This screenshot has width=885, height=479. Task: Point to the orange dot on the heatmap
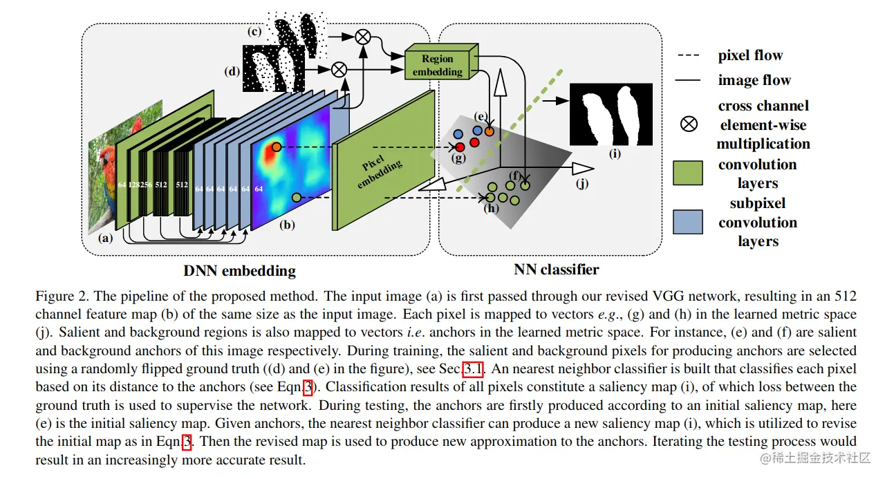[x=276, y=147]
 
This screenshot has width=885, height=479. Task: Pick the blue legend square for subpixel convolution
[x=688, y=222]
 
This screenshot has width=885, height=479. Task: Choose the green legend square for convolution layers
[x=688, y=173]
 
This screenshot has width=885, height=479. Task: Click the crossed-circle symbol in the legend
[x=689, y=124]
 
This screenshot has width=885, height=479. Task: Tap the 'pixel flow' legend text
[x=750, y=56]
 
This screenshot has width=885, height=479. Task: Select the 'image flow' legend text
[x=754, y=81]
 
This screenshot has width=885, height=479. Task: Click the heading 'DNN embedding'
[x=239, y=270]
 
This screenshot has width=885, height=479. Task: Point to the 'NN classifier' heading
[x=556, y=269]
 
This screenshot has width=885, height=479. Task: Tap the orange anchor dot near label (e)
[x=490, y=131]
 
